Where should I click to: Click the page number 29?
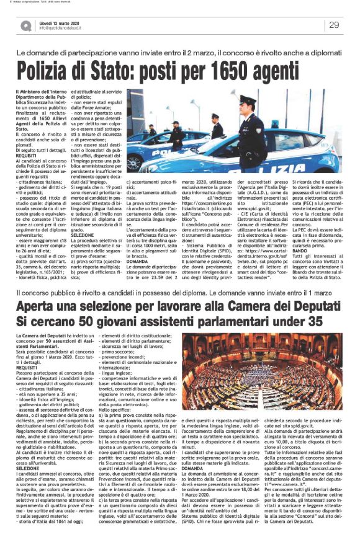(334, 25)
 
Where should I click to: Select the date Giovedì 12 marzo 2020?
(65, 22)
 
